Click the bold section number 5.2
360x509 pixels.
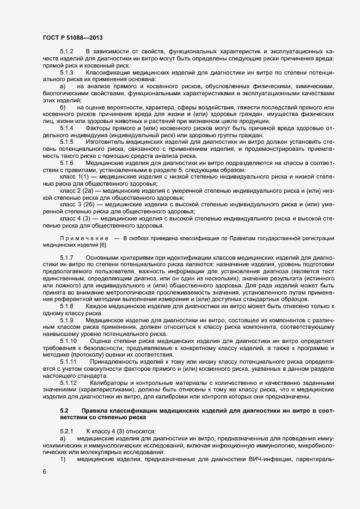point(64,409)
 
